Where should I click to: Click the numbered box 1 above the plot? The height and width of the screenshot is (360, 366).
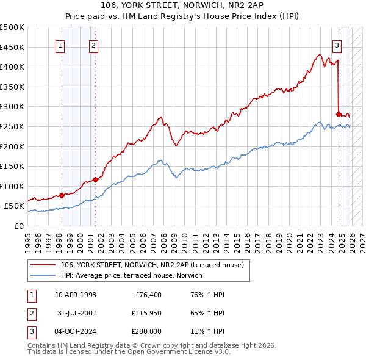[62, 45]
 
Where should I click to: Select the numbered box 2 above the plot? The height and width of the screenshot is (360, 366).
[93, 45]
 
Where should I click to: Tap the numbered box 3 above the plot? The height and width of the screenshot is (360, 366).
[337, 45]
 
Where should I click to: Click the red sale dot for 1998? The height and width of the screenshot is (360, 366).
[62, 195]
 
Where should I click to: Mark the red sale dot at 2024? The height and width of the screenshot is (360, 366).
[339, 113]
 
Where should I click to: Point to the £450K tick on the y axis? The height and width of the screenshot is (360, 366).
[12, 47]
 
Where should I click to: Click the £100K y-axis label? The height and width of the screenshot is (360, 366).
[12, 186]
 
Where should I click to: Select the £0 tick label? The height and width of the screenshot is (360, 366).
[18, 226]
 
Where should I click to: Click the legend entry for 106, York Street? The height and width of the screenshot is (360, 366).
[152, 265]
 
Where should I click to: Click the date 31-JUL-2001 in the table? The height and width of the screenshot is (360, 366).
[76, 313]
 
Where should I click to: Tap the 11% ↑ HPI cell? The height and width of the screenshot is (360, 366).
[207, 331]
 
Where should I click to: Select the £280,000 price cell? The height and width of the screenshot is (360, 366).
[146, 331]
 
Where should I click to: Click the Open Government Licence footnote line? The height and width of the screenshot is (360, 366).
[129, 352]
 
